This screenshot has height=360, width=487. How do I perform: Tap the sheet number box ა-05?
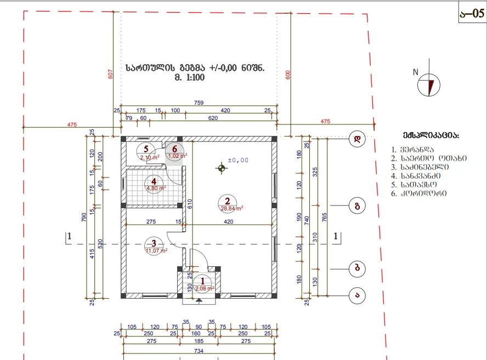coord(471,13)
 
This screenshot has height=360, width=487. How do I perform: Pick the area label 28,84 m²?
coord(232,208)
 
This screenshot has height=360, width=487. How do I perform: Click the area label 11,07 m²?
coord(156,251)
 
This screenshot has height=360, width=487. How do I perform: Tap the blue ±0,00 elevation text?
coord(236,160)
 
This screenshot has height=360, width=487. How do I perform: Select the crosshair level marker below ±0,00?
coord(222,168)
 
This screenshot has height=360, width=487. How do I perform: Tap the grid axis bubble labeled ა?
coord(358,295)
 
